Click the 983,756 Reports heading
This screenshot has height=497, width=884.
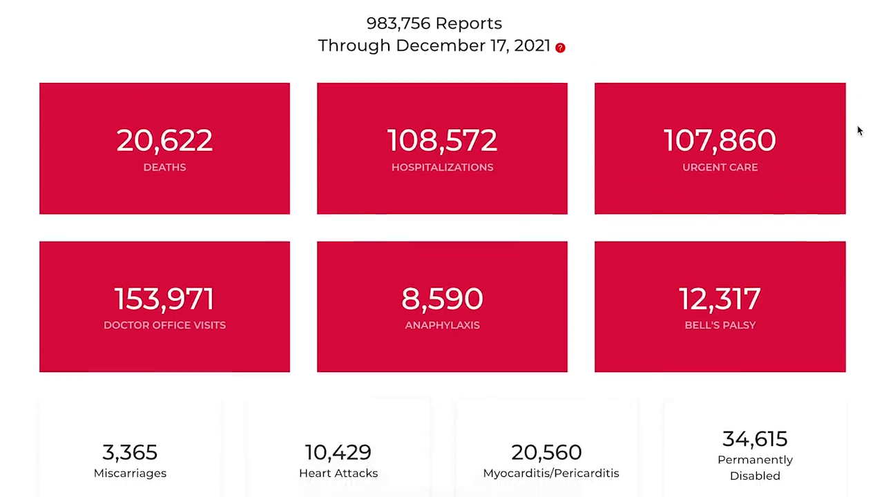[x=434, y=23]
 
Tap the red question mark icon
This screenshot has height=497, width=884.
[x=560, y=48]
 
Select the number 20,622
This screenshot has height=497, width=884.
[x=164, y=141]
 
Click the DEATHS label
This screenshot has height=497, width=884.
[x=164, y=167]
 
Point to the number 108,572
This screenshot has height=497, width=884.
[x=442, y=141]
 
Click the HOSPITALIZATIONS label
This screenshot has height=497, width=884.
[x=442, y=167]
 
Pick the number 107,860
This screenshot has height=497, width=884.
[x=720, y=141]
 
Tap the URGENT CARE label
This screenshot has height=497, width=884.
[x=720, y=167]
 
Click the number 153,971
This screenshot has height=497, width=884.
[x=164, y=299]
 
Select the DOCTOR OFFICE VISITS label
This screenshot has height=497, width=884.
[x=164, y=325]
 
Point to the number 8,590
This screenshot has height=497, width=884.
[x=442, y=299]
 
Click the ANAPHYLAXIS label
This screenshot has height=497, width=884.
[x=442, y=325]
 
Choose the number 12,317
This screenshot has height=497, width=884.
[x=720, y=299]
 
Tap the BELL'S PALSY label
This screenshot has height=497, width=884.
[x=720, y=325]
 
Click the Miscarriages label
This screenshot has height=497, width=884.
[x=130, y=474]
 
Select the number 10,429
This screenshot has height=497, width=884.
[x=338, y=453]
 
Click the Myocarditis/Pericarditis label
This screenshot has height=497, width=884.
[x=550, y=474]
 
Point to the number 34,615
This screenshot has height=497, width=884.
[x=754, y=439]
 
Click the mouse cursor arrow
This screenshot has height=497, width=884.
[x=860, y=131]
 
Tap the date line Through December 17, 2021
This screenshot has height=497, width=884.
[x=434, y=46]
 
